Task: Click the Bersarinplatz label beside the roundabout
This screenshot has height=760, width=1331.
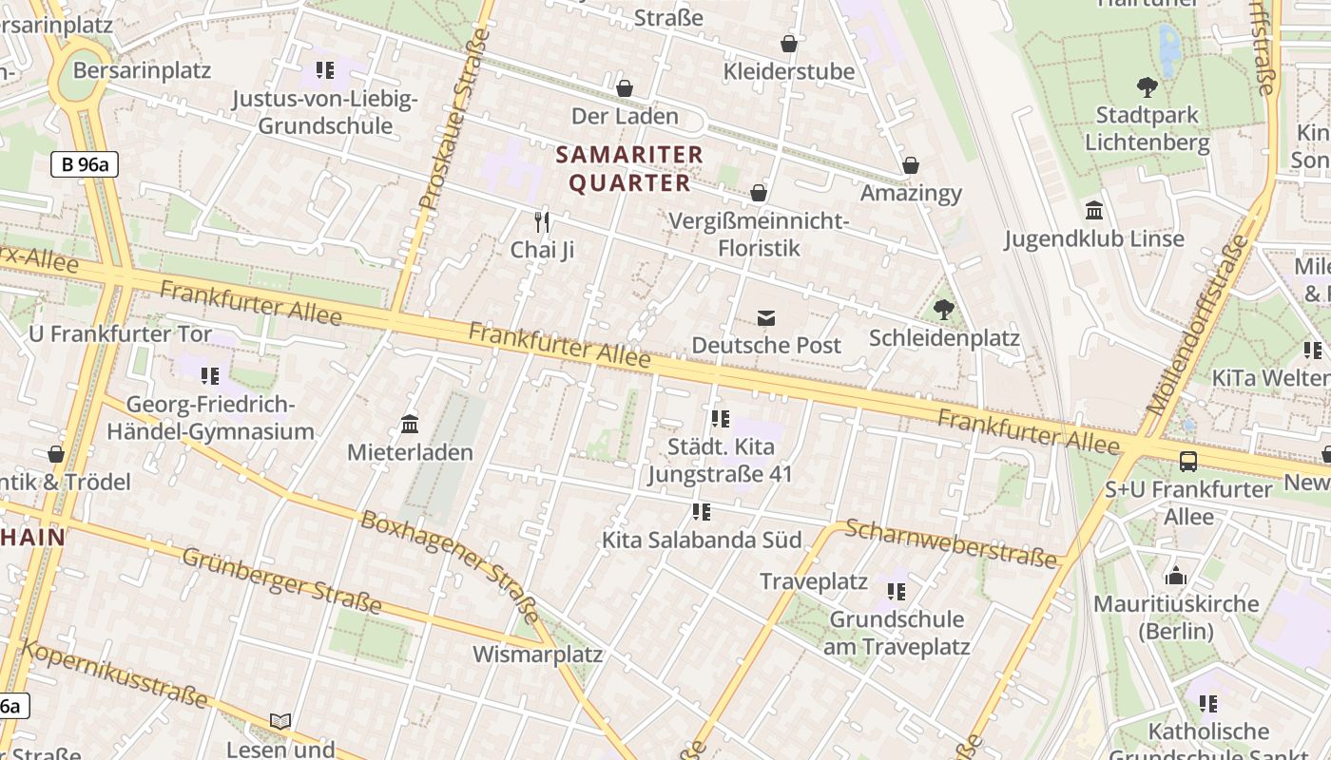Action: click(142, 70)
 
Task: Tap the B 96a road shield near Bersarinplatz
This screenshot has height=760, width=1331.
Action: click(85, 164)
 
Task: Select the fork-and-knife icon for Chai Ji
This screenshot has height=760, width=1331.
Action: click(542, 222)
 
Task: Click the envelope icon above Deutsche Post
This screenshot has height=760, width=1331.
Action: click(766, 317)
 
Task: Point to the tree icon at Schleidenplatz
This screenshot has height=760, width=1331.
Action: click(943, 310)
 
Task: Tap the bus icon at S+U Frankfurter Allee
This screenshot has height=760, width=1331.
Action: click(1188, 462)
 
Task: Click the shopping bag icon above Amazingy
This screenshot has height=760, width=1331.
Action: click(911, 166)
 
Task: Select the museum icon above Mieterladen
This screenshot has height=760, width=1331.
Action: click(410, 424)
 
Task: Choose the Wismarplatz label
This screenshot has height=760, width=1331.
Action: click(537, 655)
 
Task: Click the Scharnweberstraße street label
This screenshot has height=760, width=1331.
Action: click(950, 543)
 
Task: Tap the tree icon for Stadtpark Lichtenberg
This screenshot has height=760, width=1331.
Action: click(1148, 87)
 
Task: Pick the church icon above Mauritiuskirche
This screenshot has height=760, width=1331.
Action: click(1176, 576)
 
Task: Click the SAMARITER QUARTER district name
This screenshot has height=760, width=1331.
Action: click(629, 168)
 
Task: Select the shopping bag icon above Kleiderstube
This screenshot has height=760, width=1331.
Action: click(789, 44)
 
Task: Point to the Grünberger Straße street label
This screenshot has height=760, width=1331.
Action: click(281, 580)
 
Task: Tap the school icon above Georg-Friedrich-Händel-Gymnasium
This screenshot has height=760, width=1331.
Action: click(210, 376)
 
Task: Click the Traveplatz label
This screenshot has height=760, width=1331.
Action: click(814, 580)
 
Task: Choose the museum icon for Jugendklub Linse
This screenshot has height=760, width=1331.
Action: click(1094, 211)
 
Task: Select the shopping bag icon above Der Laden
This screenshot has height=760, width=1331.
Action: click(625, 88)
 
